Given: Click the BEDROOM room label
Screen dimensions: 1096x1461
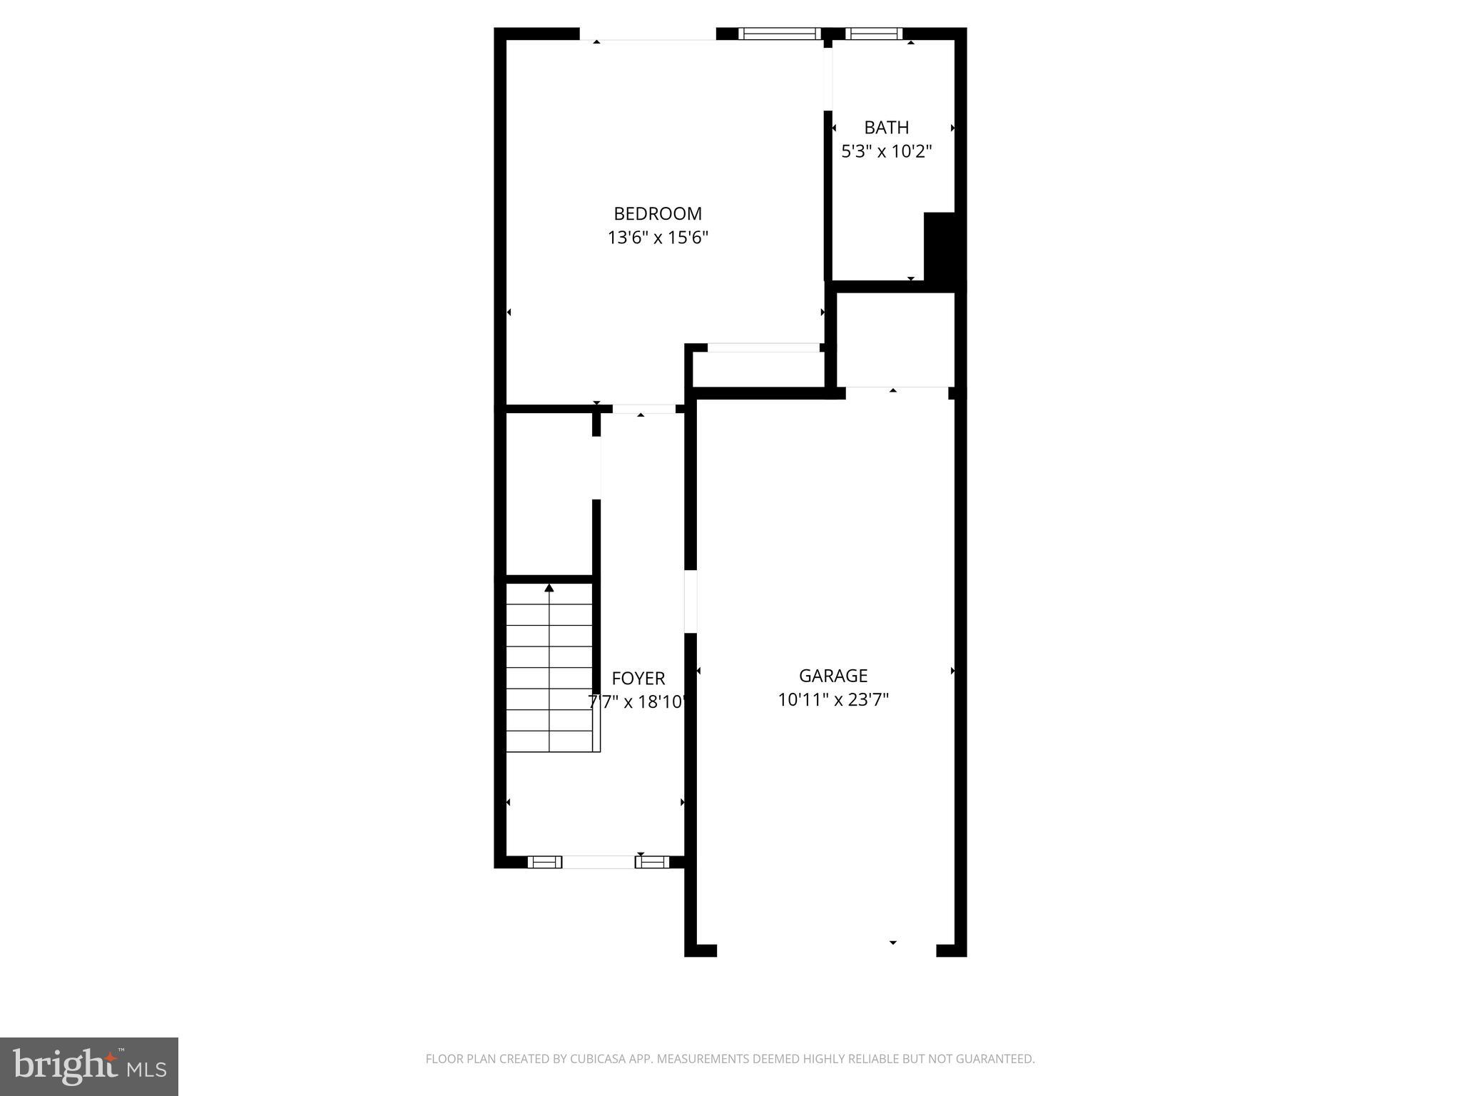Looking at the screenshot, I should [658, 213].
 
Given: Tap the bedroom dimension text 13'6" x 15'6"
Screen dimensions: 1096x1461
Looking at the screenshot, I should [658, 238].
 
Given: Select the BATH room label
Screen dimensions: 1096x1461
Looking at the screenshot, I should [887, 128].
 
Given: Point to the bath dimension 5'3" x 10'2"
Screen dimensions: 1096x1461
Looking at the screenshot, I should [887, 151].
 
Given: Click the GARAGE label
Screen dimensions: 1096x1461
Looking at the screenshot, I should [833, 676].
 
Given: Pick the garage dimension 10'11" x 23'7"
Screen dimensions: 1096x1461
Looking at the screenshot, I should [833, 700].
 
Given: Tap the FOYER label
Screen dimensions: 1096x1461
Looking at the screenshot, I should [638, 679].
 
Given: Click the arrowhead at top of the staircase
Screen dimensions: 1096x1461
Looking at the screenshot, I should [549, 588].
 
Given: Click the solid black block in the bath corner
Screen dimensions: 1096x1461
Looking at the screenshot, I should [943, 250].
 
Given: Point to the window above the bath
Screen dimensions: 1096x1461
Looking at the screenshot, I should [874, 34].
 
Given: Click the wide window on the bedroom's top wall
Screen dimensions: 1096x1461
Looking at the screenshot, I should [780, 34].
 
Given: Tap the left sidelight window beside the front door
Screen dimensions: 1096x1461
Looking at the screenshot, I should [544, 862].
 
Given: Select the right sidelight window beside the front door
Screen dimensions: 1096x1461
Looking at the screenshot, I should [652, 862].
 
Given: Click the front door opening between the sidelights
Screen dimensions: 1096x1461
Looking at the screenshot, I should [598, 862].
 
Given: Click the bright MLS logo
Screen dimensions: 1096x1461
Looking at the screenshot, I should [89, 1066].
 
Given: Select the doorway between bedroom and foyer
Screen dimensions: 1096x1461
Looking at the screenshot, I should [643, 409].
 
